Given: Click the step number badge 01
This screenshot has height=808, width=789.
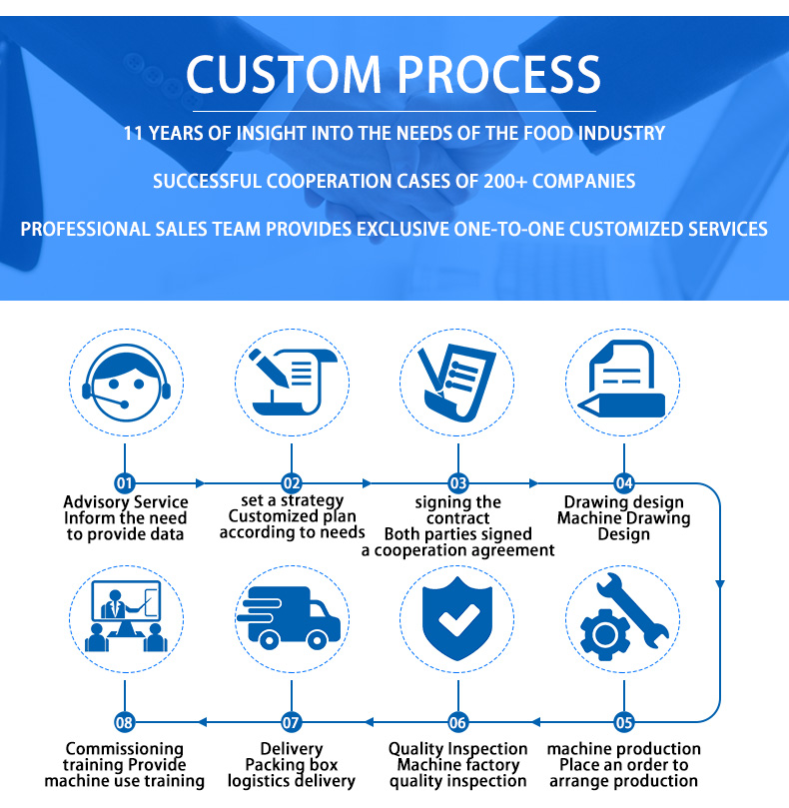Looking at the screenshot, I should [125, 483].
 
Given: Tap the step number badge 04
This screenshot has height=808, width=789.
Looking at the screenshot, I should [624, 483].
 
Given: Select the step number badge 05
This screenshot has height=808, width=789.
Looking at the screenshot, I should [624, 721].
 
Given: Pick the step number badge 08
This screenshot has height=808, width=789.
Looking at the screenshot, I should [125, 721].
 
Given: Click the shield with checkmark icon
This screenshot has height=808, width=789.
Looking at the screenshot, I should [457, 619].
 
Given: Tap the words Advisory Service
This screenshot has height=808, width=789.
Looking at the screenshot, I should [126, 502].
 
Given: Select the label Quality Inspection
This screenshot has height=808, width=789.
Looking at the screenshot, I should [457, 749].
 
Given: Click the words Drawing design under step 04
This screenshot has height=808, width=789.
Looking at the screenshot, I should [624, 502].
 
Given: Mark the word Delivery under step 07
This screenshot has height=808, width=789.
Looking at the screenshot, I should [292, 749].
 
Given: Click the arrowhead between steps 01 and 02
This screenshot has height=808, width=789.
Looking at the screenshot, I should [201, 483].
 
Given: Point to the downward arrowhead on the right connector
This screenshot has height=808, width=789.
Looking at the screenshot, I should [719, 584].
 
